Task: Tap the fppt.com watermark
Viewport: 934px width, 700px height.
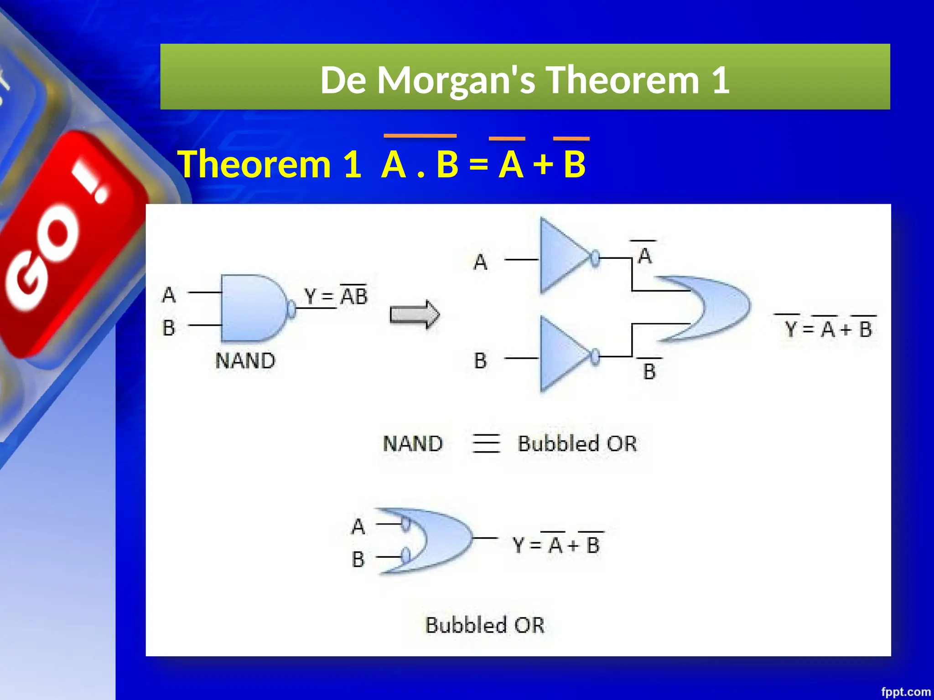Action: tap(905, 692)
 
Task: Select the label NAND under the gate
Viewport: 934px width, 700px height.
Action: tap(245, 361)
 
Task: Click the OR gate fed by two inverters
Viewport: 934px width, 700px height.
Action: tap(711, 308)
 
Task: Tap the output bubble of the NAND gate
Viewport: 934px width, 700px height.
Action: tap(291, 309)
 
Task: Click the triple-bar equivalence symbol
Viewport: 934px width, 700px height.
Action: tap(486, 443)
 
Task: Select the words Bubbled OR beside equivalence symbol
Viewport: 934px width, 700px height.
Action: tap(577, 443)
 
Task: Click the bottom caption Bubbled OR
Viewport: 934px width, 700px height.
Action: tap(485, 625)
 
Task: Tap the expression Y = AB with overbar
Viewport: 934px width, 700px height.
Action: tap(336, 296)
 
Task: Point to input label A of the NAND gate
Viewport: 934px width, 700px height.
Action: tap(169, 295)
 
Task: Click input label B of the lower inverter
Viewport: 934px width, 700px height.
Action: tap(480, 360)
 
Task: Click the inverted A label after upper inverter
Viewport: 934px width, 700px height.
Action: tap(644, 255)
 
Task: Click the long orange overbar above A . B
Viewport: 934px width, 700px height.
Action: tap(420, 136)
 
